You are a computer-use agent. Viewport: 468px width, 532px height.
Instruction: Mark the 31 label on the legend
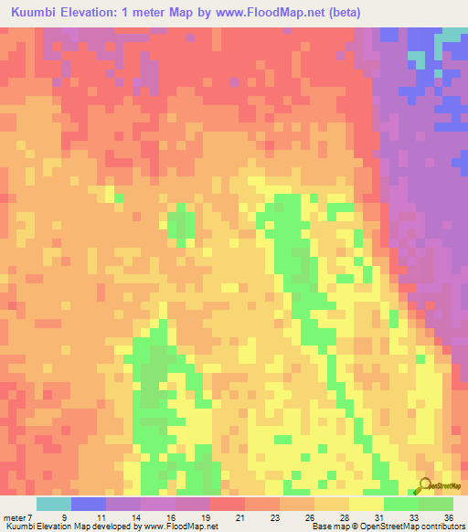click(x=377, y=516)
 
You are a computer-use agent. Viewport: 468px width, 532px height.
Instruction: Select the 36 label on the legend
click(x=446, y=516)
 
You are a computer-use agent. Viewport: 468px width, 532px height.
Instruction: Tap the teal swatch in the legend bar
click(x=54, y=504)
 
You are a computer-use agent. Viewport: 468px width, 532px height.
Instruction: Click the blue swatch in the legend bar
click(x=89, y=504)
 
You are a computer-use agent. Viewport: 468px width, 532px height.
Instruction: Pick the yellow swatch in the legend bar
click(x=366, y=504)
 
